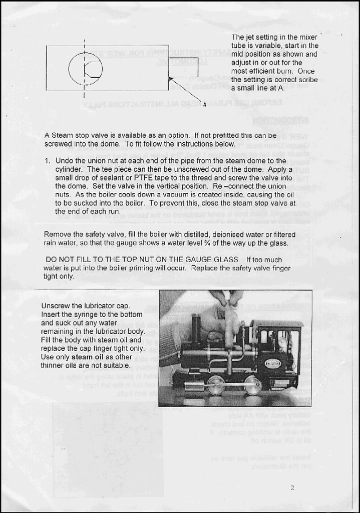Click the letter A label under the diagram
click(205, 105)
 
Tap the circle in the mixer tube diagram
click(85, 68)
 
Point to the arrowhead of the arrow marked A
click(171, 78)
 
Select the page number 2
click(292, 487)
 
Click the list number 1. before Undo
click(48, 161)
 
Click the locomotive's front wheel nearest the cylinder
click(216, 385)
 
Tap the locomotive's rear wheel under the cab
click(253, 385)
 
